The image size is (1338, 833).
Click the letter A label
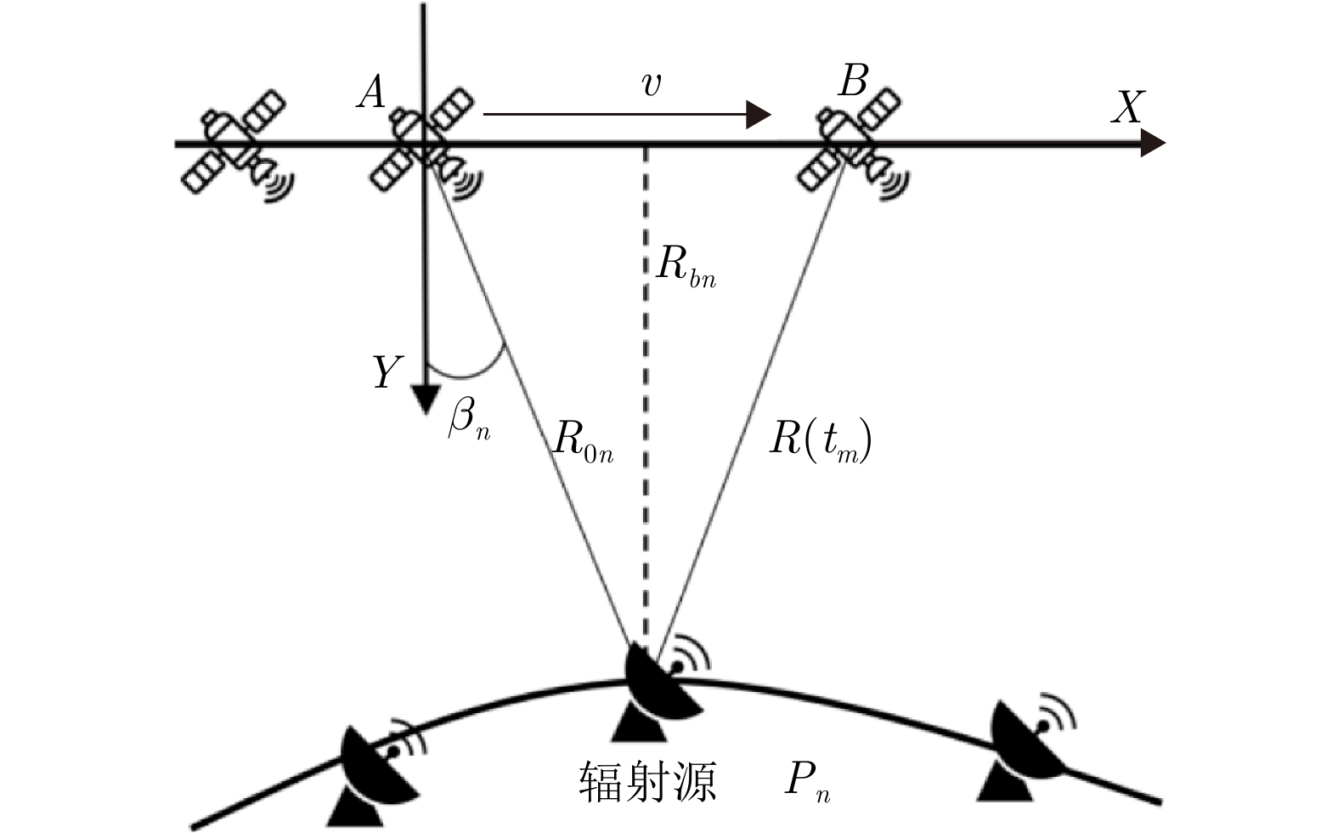click(371, 91)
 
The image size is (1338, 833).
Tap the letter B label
click(852, 82)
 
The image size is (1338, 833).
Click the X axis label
click(1127, 107)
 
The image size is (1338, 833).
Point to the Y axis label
click(386, 372)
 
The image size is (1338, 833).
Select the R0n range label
click(583, 441)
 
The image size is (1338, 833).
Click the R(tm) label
click(820, 441)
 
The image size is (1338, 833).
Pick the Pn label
click(806, 781)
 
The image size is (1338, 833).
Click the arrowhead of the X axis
click(1152, 144)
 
